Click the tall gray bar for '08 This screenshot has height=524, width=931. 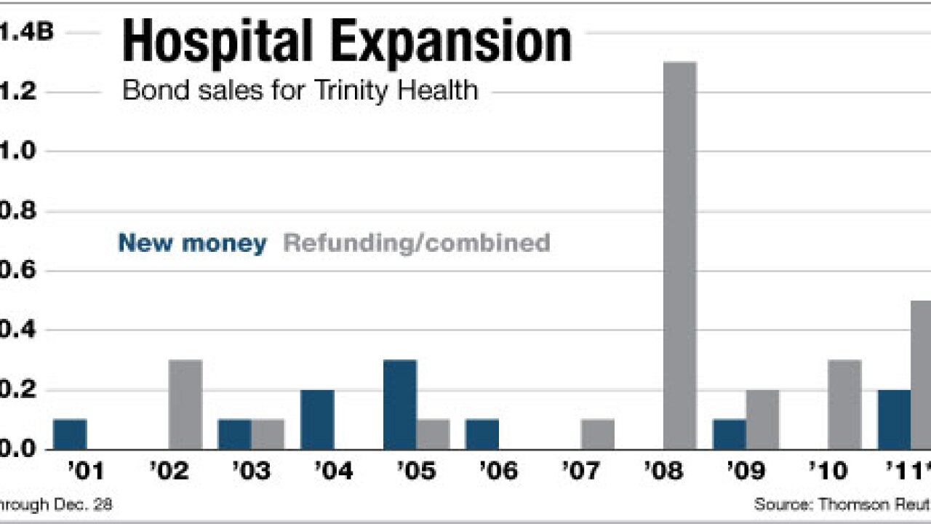(x=680, y=255)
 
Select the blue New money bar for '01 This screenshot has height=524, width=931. (x=70, y=434)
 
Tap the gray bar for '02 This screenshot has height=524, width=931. (x=185, y=404)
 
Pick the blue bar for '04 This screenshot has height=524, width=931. (x=317, y=419)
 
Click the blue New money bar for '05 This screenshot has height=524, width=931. (x=400, y=404)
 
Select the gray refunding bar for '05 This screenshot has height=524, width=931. (x=433, y=434)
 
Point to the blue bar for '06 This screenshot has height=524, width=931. (x=482, y=434)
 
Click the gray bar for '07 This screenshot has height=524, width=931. (x=598, y=434)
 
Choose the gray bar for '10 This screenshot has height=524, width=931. (x=844, y=404)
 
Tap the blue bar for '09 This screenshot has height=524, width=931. (x=730, y=434)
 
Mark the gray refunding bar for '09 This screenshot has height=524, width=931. (x=762, y=419)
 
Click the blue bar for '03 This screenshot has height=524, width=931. (x=235, y=434)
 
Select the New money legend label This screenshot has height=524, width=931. (x=192, y=243)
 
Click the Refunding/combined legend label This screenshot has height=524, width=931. (x=416, y=243)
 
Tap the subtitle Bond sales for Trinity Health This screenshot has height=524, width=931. (x=300, y=91)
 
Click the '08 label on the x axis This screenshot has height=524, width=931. (x=663, y=472)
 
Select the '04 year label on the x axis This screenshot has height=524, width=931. (x=333, y=472)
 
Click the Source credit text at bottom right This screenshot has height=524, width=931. (x=842, y=504)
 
